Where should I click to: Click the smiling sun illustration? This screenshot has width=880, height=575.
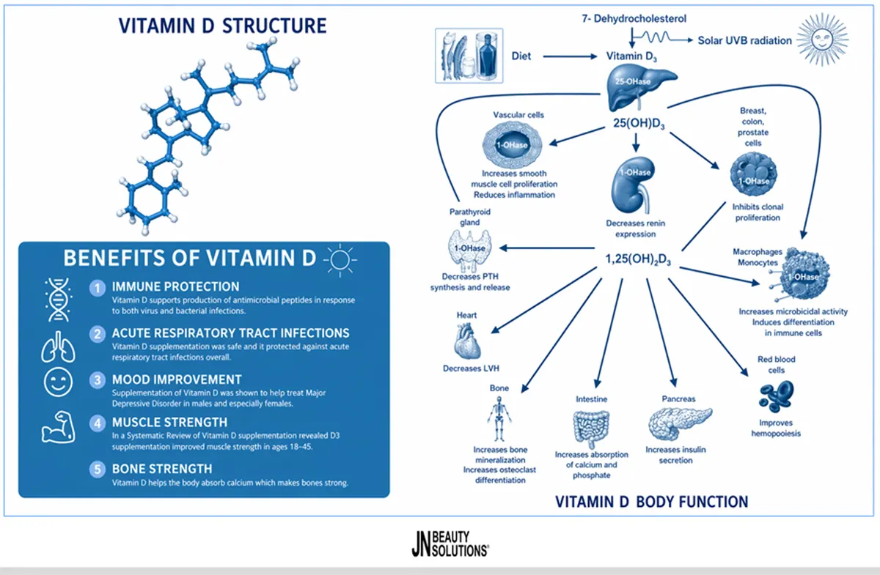tap(822, 40)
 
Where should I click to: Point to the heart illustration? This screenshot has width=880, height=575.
tap(467, 341)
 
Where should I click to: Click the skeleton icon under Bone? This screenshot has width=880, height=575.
tap(499, 419)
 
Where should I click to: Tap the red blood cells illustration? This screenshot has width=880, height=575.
tap(777, 396)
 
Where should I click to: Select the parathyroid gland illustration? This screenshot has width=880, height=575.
tap(469, 251)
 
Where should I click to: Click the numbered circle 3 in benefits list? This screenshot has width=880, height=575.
tap(98, 380)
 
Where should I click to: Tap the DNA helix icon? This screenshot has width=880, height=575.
tap(59, 300)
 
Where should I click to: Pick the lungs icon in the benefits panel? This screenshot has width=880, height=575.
tap(58, 346)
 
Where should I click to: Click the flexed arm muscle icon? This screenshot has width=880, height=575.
tap(58, 427)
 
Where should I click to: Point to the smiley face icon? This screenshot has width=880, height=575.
tap(58, 382)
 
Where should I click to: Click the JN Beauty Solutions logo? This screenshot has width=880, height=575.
tap(450, 544)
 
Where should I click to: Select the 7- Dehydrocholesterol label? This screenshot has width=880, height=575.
tap(634, 19)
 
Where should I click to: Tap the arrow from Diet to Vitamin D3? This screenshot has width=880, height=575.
tap(570, 56)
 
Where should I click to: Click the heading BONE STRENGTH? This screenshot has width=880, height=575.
tap(162, 469)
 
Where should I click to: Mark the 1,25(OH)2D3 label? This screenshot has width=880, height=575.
tap(638, 259)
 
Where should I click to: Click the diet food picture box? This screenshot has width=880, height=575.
tap(469, 56)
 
